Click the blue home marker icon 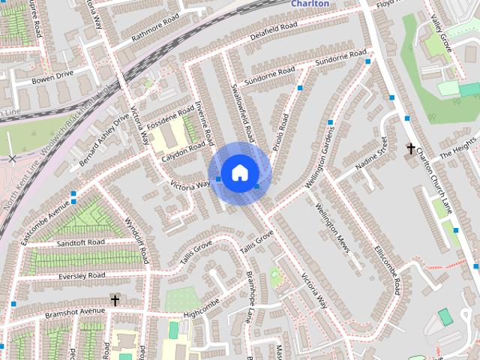coord(238,172)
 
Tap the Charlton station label coord(310,4)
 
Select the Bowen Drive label coord(52,78)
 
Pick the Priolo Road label coord(279,132)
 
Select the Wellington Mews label coord(333,228)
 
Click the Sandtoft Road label coord(80,242)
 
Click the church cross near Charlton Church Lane coord(410,148)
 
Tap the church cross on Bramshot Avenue coord(115,300)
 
